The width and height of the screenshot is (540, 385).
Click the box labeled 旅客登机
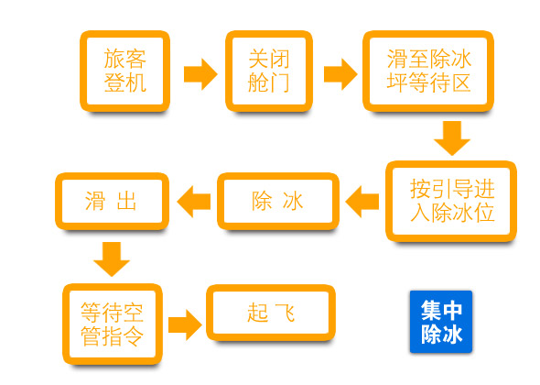click(x=124, y=71)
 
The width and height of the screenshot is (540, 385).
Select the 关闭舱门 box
click(x=269, y=71)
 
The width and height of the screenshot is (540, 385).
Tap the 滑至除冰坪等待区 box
click(x=428, y=71)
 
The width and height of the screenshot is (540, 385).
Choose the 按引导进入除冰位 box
click(x=451, y=202)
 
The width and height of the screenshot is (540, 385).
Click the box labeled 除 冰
click(x=278, y=202)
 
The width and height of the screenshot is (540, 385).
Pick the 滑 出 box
click(x=112, y=202)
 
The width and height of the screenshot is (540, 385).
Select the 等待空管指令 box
click(x=113, y=324)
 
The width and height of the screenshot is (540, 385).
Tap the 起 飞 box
click(x=271, y=313)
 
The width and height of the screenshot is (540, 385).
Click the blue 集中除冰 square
click(x=441, y=322)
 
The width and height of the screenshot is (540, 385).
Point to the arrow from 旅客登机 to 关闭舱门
click(x=200, y=74)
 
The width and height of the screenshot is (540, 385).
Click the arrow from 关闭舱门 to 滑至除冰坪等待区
click(x=340, y=74)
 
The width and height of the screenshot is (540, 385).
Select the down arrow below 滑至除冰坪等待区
click(x=452, y=138)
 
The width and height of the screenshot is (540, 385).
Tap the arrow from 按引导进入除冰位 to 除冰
click(x=362, y=202)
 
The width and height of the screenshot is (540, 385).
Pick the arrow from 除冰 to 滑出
click(x=193, y=202)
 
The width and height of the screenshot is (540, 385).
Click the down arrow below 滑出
click(x=112, y=259)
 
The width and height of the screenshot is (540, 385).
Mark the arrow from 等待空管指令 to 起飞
click(x=185, y=324)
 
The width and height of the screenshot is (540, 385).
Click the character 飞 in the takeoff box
click(x=286, y=313)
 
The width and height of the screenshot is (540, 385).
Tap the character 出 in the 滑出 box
click(x=126, y=201)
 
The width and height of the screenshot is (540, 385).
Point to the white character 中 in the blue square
click(x=452, y=311)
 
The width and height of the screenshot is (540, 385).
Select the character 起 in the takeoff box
click(x=257, y=313)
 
